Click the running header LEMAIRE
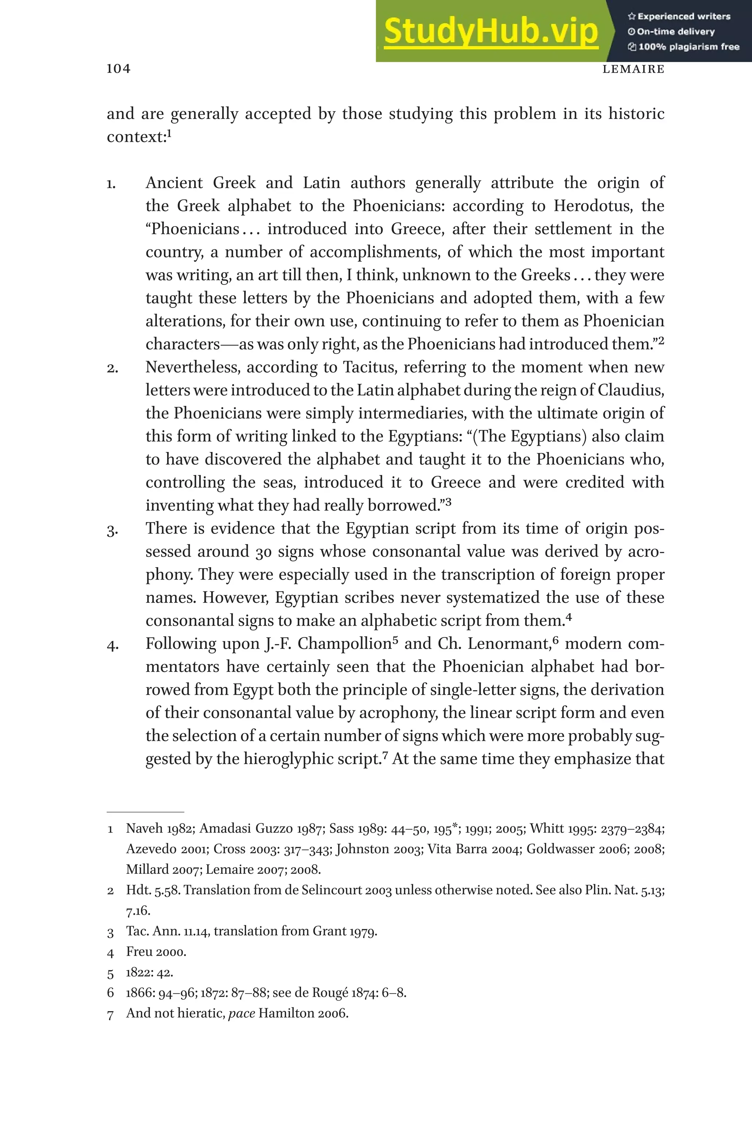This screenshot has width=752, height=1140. tap(633, 69)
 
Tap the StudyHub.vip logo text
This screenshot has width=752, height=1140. tap(491, 32)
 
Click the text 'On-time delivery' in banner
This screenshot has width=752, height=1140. tap(675, 32)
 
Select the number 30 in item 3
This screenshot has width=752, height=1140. tap(263, 552)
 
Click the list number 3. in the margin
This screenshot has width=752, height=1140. tap(112, 530)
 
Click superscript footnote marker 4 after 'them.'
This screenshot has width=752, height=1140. tap(569, 618)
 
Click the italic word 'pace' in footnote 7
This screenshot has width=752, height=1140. tap(241, 1013)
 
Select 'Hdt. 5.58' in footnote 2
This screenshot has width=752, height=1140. tap(153, 890)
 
